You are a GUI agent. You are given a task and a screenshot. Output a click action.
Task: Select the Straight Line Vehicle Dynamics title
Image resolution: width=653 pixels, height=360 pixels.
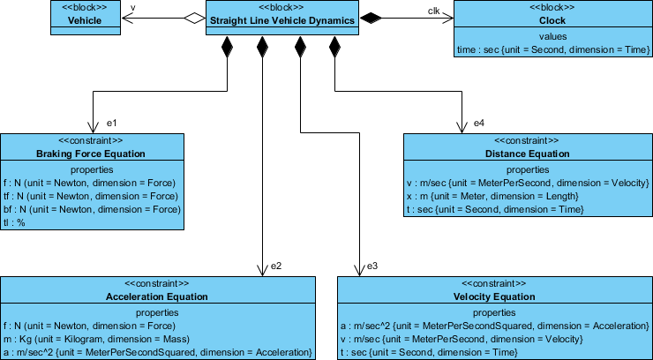(x=282, y=19)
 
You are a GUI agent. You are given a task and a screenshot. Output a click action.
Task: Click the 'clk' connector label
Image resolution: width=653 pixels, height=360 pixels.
(x=433, y=10)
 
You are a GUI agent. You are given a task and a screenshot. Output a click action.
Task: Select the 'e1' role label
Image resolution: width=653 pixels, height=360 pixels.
(x=112, y=122)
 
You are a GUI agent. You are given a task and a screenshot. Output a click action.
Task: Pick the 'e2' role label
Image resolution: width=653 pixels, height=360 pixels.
(x=276, y=265)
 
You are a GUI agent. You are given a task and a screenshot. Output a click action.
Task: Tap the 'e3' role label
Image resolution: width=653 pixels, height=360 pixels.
(x=372, y=265)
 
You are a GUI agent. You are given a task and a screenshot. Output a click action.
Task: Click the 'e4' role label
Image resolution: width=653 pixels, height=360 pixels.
(x=479, y=122)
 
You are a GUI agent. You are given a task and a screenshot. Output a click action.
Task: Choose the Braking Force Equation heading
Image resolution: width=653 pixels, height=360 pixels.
(x=91, y=154)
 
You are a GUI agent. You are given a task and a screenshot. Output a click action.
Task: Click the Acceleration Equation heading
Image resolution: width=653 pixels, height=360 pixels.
(x=157, y=296)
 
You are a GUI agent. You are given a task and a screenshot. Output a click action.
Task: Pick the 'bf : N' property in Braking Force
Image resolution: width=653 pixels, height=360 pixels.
(x=90, y=210)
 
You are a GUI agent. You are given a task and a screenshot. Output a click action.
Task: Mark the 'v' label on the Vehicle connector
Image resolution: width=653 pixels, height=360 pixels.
(x=132, y=9)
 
